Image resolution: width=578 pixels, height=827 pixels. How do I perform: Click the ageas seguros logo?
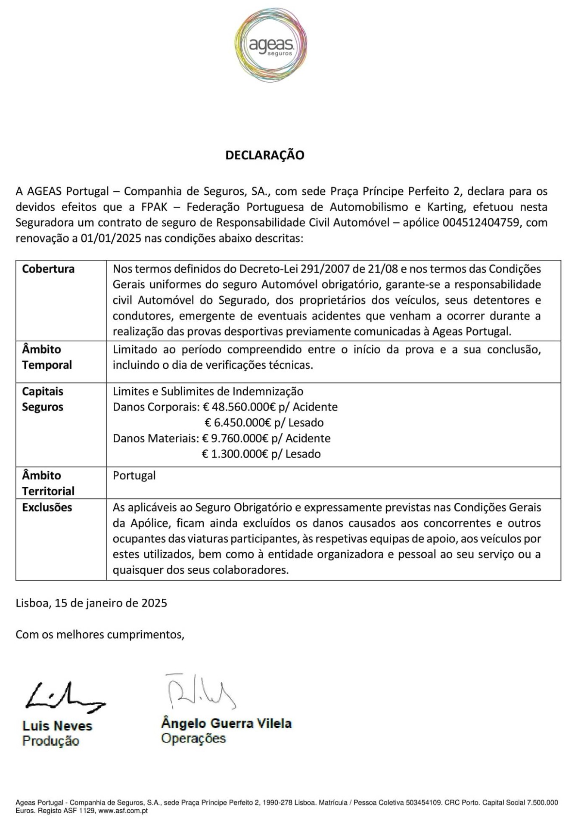[x=271, y=45]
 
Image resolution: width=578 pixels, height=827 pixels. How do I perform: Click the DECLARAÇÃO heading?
[x=264, y=155]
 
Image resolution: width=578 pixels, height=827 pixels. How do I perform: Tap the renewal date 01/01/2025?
[x=111, y=238]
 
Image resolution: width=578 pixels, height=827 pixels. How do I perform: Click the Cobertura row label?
[x=48, y=269]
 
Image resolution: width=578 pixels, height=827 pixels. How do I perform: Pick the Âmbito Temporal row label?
[x=47, y=357]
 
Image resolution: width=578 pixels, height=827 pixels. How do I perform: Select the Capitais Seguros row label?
[x=43, y=399]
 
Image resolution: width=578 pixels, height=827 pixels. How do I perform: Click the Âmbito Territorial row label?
[x=48, y=483]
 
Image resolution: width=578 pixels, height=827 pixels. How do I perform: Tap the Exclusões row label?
[x=47, y=507]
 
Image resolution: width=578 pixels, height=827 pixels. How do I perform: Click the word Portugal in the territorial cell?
[x=134, y=476]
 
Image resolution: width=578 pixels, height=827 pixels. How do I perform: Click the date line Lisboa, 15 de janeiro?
[x=91, y=603]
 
